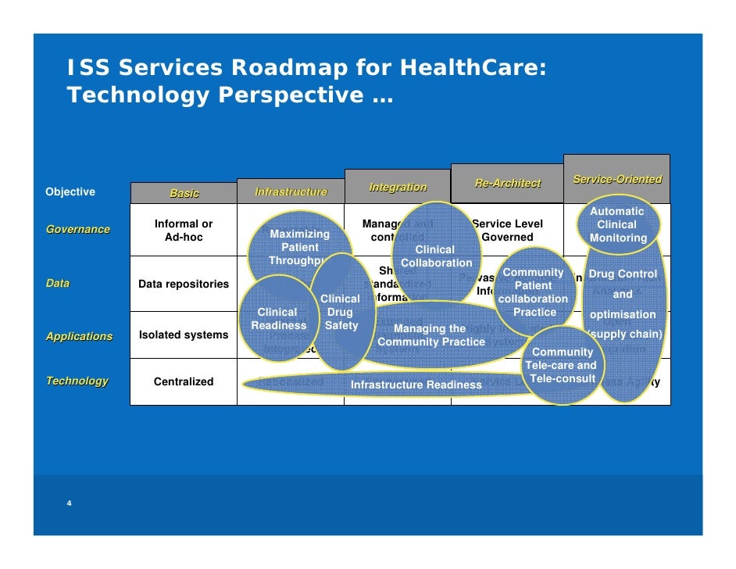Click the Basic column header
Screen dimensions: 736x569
tap(184, 193)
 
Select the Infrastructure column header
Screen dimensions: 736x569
tap(291, 191)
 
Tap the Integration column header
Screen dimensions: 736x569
tap(398, 187)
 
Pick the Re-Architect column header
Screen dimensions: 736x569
tap(507, 183)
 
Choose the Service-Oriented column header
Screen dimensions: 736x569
tap(616, 179)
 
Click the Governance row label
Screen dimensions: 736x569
tap(77, 229)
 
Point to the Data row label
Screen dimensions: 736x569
tap(58, 283)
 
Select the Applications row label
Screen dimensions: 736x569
tap(79, 336)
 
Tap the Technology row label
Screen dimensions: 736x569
tap(77, 381)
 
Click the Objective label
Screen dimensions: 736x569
tap(70, 191)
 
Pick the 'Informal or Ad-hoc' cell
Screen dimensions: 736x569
tap(184, 230)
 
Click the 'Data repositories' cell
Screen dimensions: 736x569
tap(184, 284)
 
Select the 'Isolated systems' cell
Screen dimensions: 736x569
tap(184, 335)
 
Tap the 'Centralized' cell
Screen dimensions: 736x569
tap(184, 381)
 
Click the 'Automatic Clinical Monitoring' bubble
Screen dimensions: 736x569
tap(617, 224)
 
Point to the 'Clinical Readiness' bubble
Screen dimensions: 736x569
tap(277, 319)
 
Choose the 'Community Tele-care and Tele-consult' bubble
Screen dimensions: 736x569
tap(563, 365)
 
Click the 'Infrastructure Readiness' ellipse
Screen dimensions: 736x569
tap(416, 385)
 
